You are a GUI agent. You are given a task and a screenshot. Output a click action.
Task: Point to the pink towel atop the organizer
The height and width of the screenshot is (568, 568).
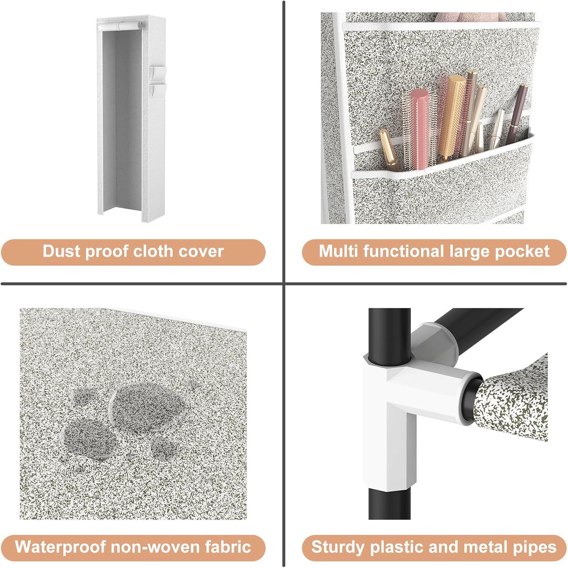(x=470, y=17)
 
